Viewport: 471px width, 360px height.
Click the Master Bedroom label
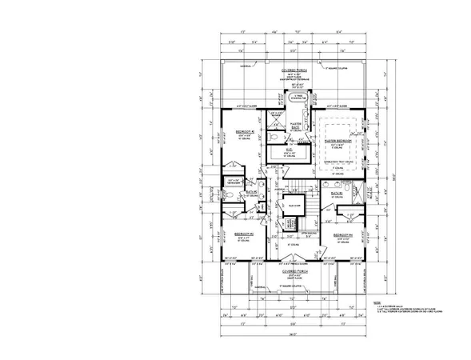point(340,140)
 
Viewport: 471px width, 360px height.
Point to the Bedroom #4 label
point(342,234)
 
